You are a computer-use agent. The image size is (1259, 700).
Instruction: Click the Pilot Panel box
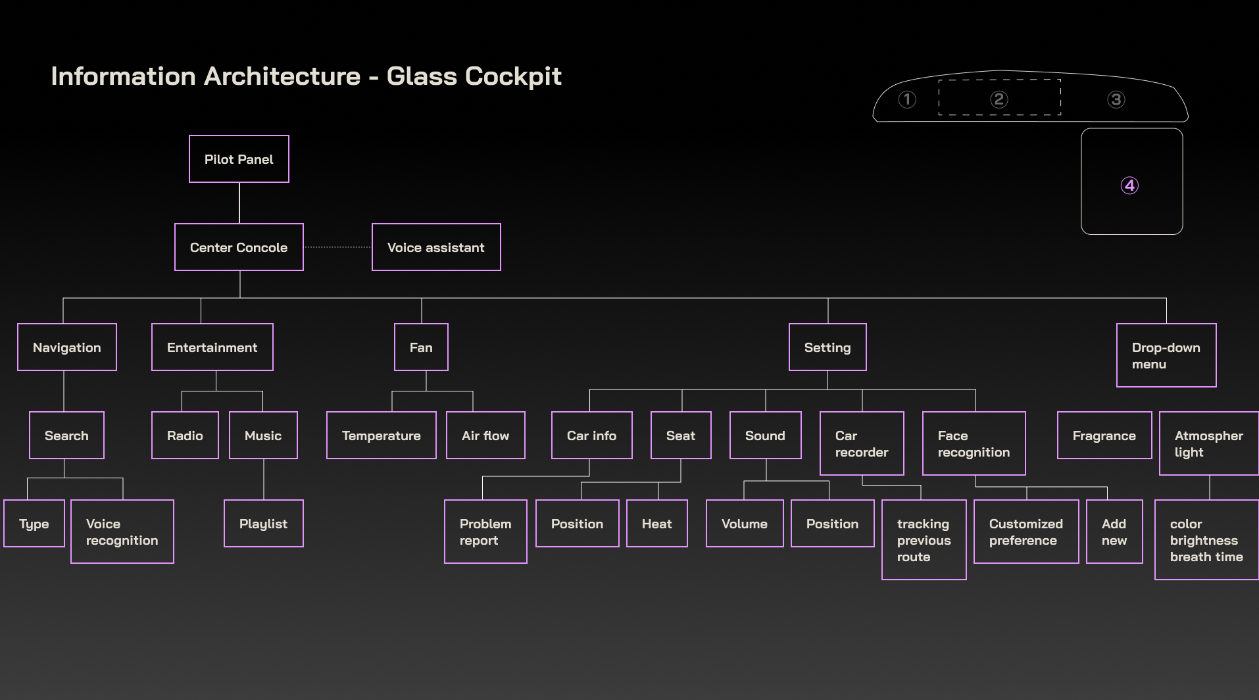239,159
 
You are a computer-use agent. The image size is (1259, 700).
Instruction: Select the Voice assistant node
436,247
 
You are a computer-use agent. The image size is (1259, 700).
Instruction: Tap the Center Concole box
239,247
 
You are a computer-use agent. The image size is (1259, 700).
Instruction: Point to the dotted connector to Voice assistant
337,247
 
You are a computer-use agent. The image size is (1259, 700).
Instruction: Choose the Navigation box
67,347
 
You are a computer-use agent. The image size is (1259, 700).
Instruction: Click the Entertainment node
212,347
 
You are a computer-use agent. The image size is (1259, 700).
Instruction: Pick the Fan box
421,347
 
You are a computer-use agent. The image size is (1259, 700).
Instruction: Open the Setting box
827,347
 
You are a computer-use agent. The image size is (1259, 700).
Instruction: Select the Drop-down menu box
1166,355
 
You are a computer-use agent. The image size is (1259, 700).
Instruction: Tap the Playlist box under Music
263,524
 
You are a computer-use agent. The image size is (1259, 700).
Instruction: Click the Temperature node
381,436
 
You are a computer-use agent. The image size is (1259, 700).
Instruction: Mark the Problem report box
485,532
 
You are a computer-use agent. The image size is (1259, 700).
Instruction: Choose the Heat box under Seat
656,524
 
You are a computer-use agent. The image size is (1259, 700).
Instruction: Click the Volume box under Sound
745,524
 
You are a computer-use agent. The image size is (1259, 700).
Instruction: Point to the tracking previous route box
924,540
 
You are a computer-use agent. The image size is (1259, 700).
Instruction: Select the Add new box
1114,532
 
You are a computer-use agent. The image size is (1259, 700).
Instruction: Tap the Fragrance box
1104,436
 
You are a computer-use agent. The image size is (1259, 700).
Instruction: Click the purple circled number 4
1129,186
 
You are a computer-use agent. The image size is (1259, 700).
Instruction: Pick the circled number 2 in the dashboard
999,99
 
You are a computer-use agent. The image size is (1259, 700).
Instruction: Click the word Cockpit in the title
513,76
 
